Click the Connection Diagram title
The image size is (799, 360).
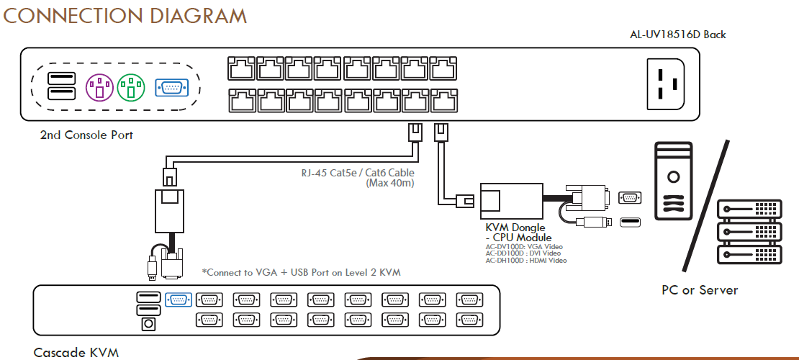point(125,15)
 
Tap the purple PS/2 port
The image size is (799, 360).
point(100,88)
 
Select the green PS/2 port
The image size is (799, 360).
point(131,88)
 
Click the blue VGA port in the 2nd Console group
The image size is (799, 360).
point(172,88)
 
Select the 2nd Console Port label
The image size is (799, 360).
point(86,135)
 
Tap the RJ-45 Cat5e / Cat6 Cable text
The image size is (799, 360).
point(358,173)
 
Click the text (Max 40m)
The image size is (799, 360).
point(390,183)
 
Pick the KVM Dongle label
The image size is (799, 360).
point(515,228)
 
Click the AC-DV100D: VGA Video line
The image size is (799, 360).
point(524,247)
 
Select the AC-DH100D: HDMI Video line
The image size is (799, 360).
point(526,261)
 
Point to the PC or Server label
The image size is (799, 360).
point(700,290)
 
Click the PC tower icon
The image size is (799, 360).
point(673,179)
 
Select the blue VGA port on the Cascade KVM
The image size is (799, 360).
point(179,300)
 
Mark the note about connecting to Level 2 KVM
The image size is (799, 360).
point(300,272)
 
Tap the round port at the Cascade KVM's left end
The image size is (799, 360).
point(148,324)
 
